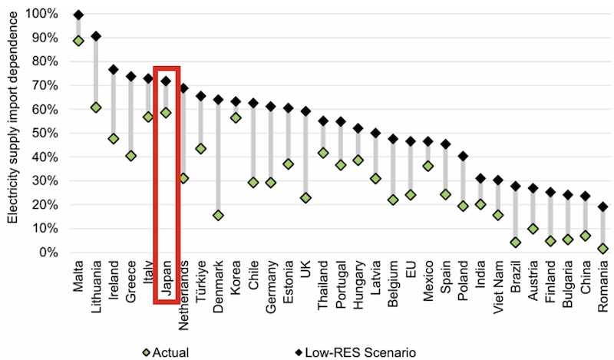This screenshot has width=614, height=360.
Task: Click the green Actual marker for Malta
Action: pyautogui.click(x=78, y=41)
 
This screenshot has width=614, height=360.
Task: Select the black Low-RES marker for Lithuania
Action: pyautogui.click(x=96, y=36)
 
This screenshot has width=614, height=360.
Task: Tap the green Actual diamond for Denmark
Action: pyautogui.click(x=218, y=216)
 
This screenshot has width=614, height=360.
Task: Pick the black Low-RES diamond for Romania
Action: pyautogui.click(x=603, y=206)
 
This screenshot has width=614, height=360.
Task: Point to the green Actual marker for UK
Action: pyautogui.click(x=306, y=198)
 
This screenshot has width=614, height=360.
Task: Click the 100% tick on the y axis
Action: pyautogui.click(x=40, y=14)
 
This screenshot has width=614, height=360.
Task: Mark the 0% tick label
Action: pyautogui.click(x=45, y=253)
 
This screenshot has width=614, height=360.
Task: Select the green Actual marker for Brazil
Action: pyautogui.click(x=516, y=243)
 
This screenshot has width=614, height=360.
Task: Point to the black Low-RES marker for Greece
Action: pyautogui.click(x=131, y=77)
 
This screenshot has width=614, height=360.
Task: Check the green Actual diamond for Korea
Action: pyautogui.click(x=236, y=117)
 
